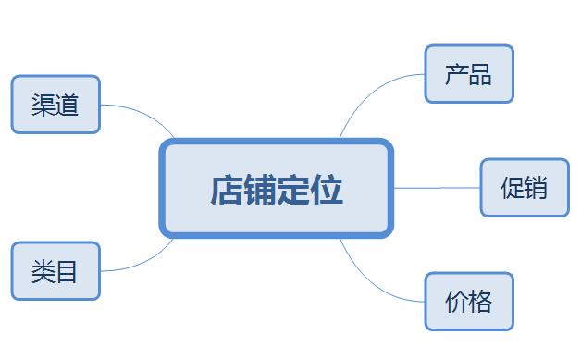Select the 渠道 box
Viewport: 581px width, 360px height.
click(x=56, y=105)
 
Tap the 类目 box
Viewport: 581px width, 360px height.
click(x=56, y=271)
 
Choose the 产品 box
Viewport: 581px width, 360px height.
click(x=468, y=74)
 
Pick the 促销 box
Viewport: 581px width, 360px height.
click(x=524, y=188)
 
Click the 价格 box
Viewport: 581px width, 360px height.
click(x=468, y=301)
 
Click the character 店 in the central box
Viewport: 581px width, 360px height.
click(x=227, y=189)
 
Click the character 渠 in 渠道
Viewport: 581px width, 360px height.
click(x=43, y=105)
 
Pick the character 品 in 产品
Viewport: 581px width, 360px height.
click(x=480, y=74)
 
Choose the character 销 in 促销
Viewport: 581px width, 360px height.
click(x=536, y=188)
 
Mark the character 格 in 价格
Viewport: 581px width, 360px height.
click(x=480, y=301)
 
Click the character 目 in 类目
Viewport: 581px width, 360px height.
click(x=67, y=271)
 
